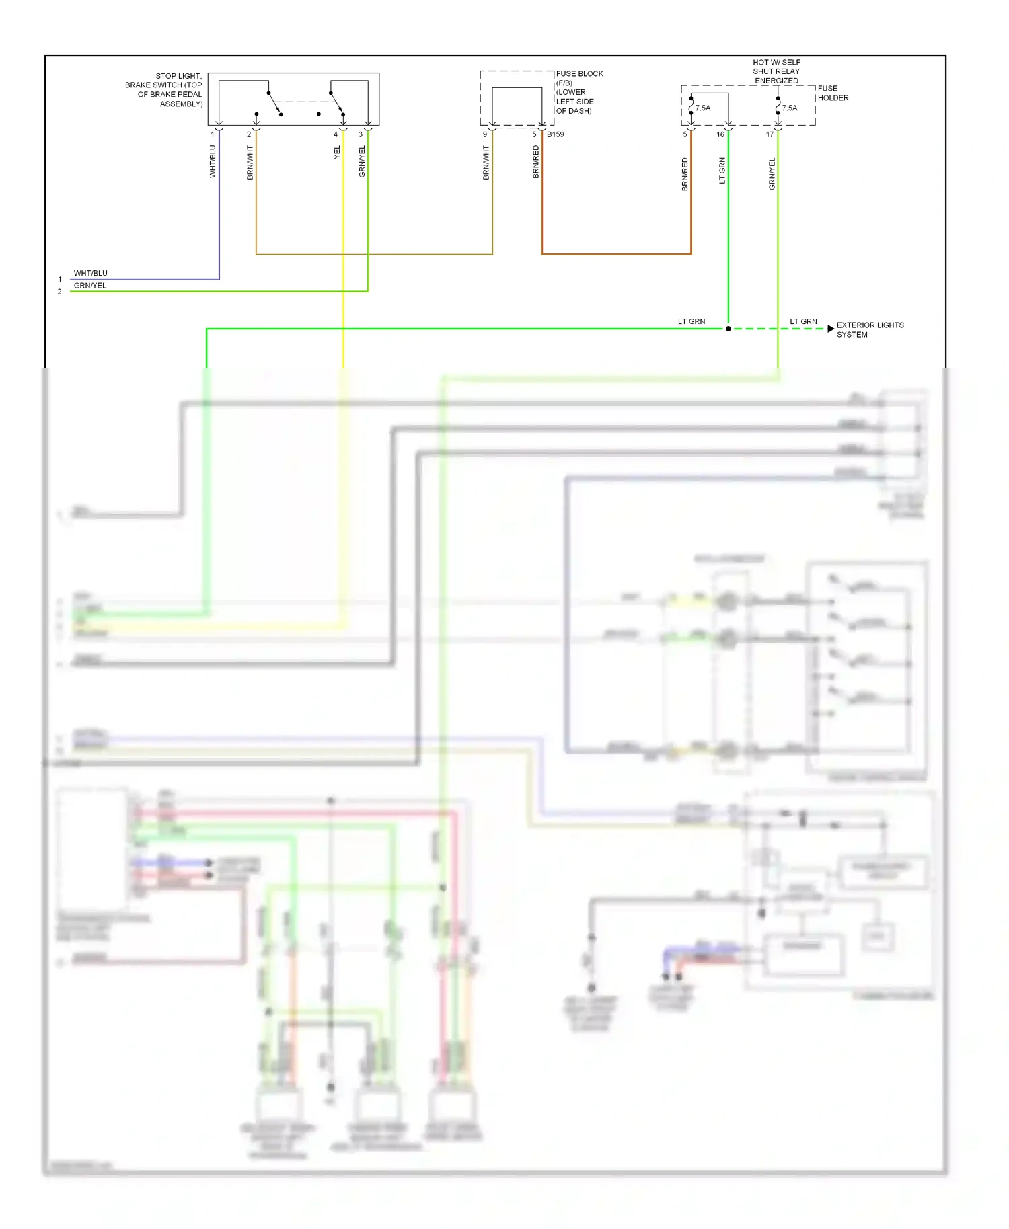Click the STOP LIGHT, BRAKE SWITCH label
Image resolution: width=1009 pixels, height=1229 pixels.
click(164, 89)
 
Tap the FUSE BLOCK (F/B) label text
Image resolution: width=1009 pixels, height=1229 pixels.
click(578, 79)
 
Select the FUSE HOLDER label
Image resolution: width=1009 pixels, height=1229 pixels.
click(832, 93)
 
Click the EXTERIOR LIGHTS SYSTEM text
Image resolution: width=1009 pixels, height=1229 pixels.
click(869, 329)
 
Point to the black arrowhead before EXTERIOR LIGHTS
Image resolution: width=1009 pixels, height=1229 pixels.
click(831, 329)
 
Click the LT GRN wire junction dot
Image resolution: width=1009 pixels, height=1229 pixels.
click(728, 329)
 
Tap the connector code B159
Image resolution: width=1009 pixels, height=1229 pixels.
click(555, 134)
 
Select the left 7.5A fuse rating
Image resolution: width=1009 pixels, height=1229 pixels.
click(703, 108)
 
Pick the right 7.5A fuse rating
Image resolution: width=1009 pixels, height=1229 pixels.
click(790, 108)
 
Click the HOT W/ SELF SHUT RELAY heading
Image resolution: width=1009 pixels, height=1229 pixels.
click(776, 71)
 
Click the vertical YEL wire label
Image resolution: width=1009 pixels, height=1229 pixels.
click(338, 152)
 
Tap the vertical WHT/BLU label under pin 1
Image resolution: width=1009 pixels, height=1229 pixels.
click(213, 161)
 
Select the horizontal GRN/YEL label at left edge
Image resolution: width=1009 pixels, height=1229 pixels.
click(89, 286)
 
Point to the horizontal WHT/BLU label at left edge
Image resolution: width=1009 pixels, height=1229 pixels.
click(90, 273)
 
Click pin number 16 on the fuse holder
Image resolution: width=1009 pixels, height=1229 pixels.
click(720, 134)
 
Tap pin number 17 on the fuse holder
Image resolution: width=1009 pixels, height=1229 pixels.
click(770, 134)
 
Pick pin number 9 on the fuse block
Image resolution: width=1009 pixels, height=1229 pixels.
click(485, 134)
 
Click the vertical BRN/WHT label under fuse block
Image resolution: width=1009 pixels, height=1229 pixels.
click(486, 163)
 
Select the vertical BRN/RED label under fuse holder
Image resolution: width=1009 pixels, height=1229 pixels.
click(685, 174)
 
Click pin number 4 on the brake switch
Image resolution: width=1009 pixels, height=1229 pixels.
click(336, 134)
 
